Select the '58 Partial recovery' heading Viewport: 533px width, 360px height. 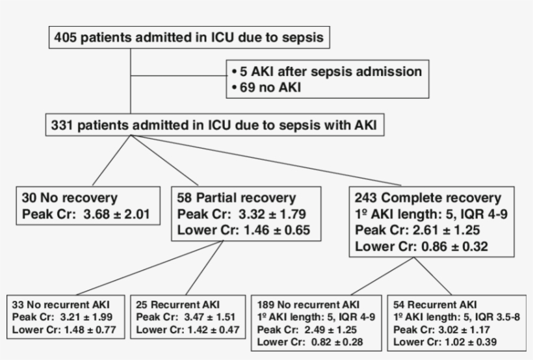pos(236,198)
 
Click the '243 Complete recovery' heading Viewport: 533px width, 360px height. pos(428,198)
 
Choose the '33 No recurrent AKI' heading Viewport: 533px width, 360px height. pos(61,304)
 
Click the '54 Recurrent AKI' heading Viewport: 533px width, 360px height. pos(435,304)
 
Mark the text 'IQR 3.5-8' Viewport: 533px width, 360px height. pos(498,316)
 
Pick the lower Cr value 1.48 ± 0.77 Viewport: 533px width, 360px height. pos(86,329)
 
